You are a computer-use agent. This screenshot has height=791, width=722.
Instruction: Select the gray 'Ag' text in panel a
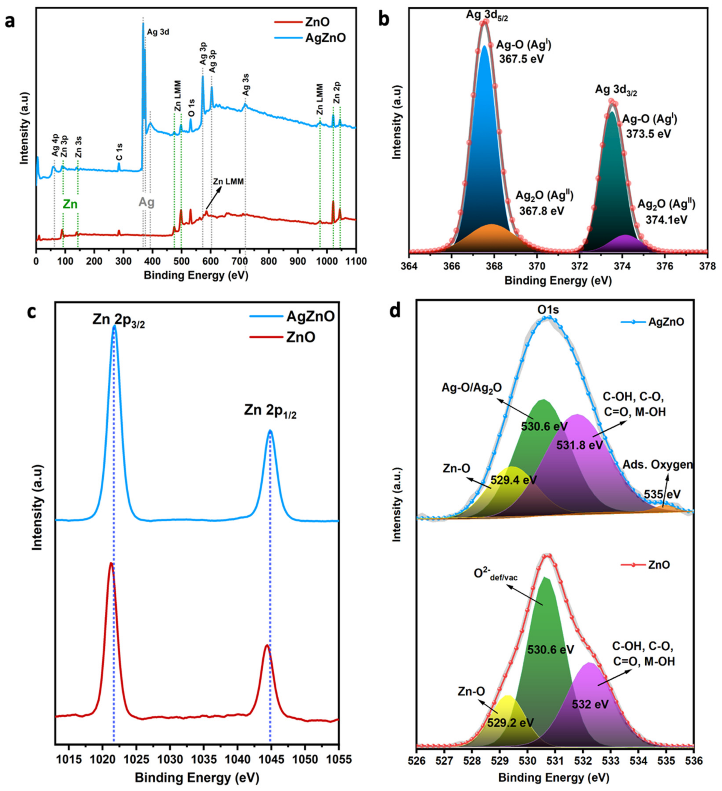tap(146, 202)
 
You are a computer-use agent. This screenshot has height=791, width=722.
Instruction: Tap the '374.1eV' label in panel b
tap(666, 219)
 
